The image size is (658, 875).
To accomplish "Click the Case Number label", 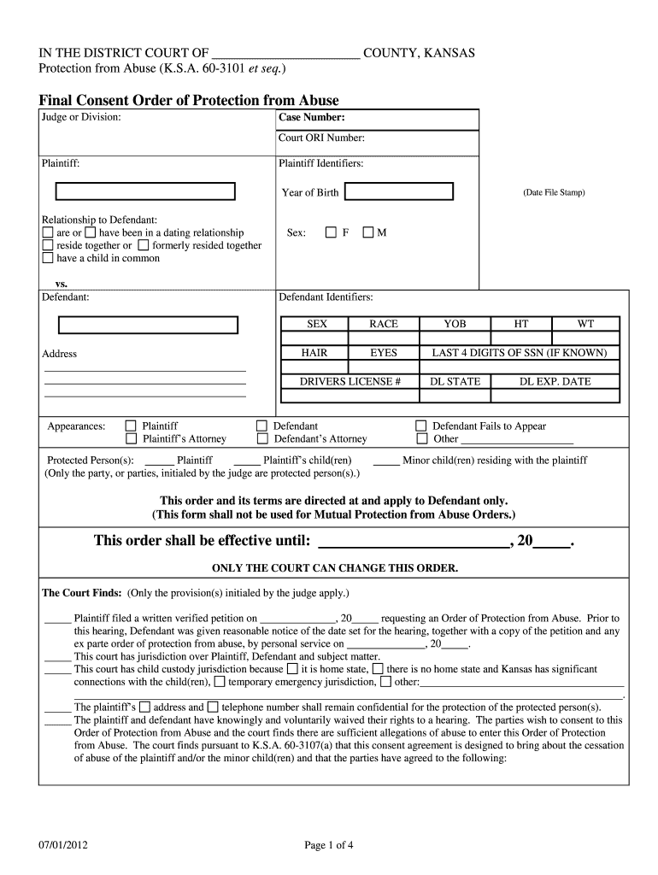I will (311, 118).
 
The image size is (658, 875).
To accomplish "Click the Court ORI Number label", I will (321, 138).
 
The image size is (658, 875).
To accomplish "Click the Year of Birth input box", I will (403, 192).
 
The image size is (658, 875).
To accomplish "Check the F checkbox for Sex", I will (331, 232).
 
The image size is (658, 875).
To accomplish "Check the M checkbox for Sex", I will (368, 232).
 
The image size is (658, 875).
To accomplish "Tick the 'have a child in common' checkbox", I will (48, 258).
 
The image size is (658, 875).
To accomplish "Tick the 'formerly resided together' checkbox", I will (143, 245).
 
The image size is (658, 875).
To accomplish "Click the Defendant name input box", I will (148, 325).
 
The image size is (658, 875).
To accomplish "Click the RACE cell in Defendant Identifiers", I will (383, 324).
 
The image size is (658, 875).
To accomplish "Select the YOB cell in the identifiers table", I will (455, 324).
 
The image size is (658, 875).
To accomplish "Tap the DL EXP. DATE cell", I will (555, 381).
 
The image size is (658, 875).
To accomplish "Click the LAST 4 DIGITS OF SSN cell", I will (519, 352).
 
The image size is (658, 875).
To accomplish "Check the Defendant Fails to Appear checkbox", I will (420, 426).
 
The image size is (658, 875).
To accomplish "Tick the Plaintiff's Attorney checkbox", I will (131, 439).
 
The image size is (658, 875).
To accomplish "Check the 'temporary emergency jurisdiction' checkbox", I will (220, 682).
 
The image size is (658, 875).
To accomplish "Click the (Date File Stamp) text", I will (554, 192).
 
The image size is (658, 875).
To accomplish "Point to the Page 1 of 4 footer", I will (329, 846).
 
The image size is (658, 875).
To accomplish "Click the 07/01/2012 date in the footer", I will (63, 846).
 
